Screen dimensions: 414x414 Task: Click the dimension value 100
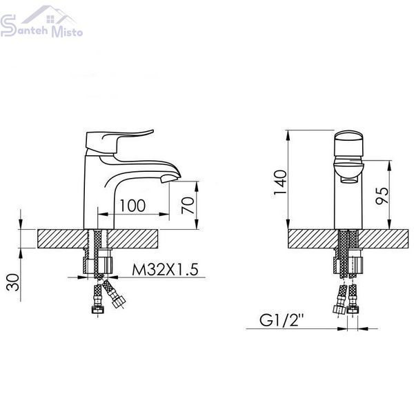click(132, 206)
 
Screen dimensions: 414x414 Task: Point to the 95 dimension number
click(382, 195)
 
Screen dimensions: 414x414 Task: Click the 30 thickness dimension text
click(13, 282)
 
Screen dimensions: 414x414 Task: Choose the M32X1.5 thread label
click(165, 269)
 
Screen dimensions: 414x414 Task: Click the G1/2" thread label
click(282, 319)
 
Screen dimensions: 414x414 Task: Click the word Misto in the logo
click(67, 32)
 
